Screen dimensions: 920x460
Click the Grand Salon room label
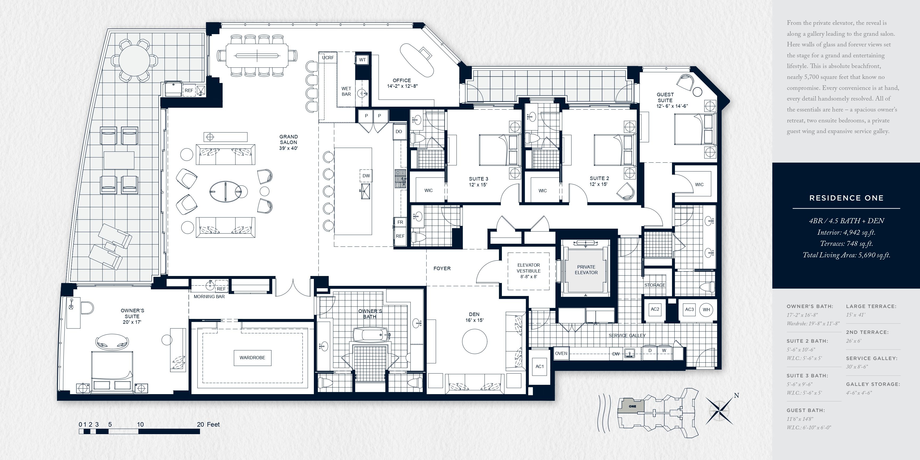pos(289,142)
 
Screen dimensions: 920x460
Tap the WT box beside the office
pos(362,60)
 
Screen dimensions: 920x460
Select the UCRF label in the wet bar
pos(328,58)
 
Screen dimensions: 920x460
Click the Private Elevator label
pos(586,270)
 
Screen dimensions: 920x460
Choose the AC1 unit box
pos(540,366)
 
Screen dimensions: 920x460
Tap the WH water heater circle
pos(706,310)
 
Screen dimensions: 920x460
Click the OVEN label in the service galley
pos(561,354)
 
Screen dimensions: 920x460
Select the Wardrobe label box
pos(253,358)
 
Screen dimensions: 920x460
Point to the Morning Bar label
pos(209,297)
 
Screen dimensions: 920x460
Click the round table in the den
pos(474,341)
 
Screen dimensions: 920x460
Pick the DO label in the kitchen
pos(399,131)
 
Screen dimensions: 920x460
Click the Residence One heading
pos(846,198)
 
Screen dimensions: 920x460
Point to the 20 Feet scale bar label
pos(208,424)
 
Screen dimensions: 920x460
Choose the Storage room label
pos(655,285)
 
